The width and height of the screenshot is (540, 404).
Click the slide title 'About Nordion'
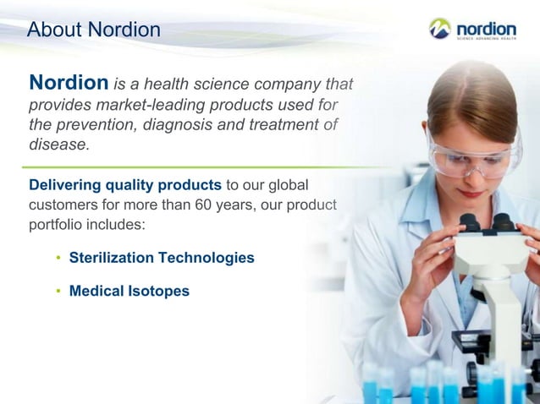coord(93,30)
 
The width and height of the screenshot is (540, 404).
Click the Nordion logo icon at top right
coord(440,29)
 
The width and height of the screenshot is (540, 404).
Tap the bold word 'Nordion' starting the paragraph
coord(69,83)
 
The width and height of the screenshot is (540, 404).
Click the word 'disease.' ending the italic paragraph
coord(58,145)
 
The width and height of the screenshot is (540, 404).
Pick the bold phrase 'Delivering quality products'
coord(125,185)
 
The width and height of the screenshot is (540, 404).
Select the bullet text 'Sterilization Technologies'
coord(162,258)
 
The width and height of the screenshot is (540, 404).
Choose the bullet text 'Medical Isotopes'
coord(129,291)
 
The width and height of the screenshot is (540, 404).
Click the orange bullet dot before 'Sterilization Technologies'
coord(58,259)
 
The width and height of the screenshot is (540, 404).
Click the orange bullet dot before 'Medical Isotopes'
coord(58,292)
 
